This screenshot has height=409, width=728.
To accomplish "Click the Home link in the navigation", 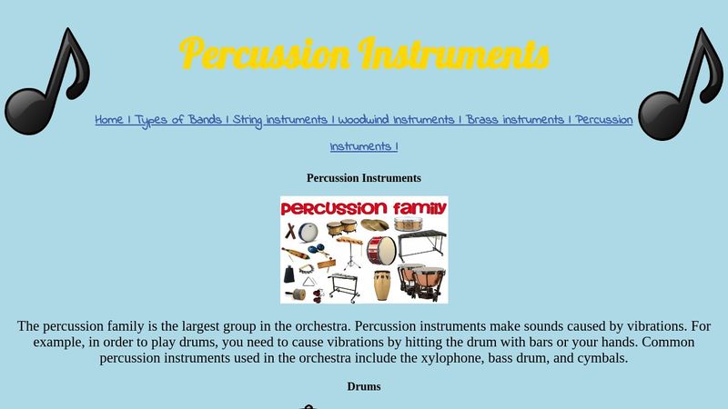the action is pyautogui.click(x=109, y=120).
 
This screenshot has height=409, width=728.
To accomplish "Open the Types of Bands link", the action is pyautogui.click(x=178, y=120).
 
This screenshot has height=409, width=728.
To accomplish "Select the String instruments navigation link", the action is pyautogui.click(x=280, y=120).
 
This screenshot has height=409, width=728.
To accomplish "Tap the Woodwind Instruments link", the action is pyautogui.click(x=396, y=120).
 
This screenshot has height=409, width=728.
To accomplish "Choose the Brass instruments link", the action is pyautogui.click(x=515, y=120).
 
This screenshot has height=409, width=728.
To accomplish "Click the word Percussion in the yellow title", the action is pyautogui.click(x=264, y=54).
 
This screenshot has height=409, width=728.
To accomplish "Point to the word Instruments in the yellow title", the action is pyautogui.click(x=453, y=54).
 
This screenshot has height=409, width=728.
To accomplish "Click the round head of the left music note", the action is pyautogui.click(x=27, y=111).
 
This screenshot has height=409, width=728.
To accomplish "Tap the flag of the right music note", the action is pyautogui.click(x=710, y=65).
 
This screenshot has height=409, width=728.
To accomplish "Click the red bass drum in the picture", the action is pyautogui.click(x=381, y=251).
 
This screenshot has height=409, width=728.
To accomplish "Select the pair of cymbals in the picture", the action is pyautogui.click(x=375, y=224).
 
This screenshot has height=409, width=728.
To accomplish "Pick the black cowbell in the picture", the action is pyautogui.click(x=289, y=274).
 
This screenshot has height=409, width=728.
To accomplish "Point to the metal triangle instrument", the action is pyautogui.click(x=309, y=283).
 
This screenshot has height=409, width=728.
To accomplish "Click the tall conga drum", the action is pyautogui.click(x=382, y=285).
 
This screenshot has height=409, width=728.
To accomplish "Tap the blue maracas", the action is pyautogui.click(x=316, y=249).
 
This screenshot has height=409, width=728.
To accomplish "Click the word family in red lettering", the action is pyautogui.click(x=420, y=209).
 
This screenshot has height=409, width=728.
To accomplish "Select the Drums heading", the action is pyautogui.click(x=364, y=386).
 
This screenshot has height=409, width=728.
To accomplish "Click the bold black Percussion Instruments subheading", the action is pyautogui.click(x=364, y=178).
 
